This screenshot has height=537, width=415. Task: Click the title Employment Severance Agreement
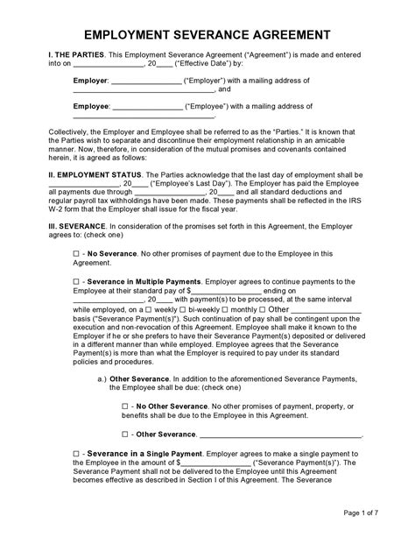[x=207, y=35]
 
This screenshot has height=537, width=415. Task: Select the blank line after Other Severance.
[x=280, y=435]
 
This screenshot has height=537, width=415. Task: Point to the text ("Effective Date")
[x=188, y=63]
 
